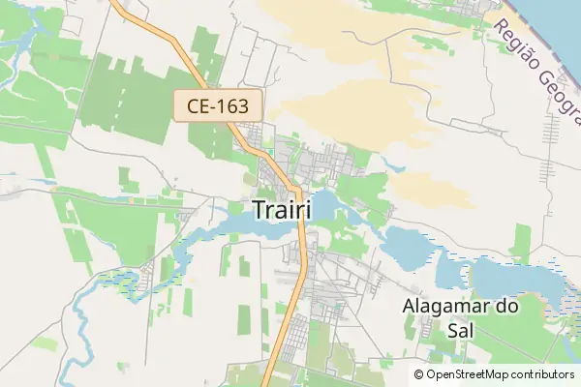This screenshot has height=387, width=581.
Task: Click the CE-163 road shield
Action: coord(212,105)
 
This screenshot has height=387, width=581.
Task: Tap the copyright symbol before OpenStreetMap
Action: coord(418,374)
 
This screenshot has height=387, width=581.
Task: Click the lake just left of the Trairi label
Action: coord(232,225)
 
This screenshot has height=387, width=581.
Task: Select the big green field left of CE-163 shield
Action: coord(126,102)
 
